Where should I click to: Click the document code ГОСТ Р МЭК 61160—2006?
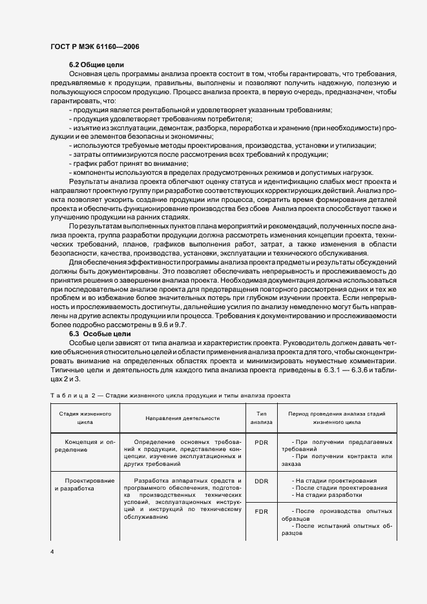tap(94, 46)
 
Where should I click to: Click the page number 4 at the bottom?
tap(52, 552)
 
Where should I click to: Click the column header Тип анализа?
tap(261, 417)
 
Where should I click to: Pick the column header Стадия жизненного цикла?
tap(81, 417)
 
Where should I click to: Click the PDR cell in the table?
tap(261, 443)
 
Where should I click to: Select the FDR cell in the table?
tap(261, 511)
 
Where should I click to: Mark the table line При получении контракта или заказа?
tap(337, 461)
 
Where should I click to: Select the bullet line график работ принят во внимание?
tap(115, 164)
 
